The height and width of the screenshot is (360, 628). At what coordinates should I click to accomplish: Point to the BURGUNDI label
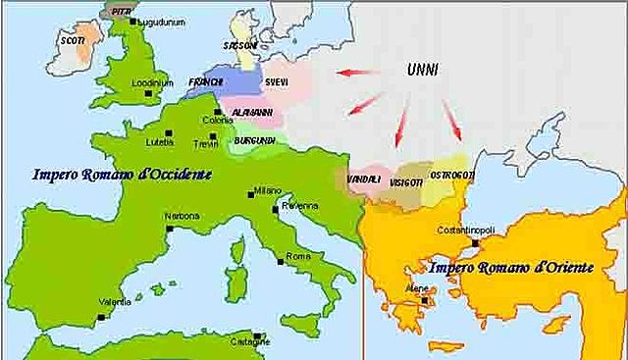coord(252,140)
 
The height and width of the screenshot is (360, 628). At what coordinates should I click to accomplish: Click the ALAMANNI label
coord(250,113)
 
